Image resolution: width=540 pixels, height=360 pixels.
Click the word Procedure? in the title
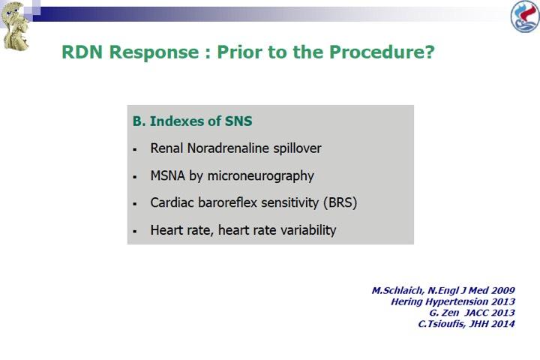(x=382, y=52)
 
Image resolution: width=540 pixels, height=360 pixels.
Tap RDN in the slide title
(x=82, y=52)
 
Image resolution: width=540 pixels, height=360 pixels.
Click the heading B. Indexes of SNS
(x=193, y=121)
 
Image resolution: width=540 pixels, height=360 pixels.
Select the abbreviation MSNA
(x=168, y=175)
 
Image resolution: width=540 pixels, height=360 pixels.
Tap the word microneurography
(x=261, y=176)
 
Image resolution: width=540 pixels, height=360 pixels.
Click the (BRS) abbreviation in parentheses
(x=340, y=202)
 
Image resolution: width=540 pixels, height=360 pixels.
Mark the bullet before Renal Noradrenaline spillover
(x=135, y=149)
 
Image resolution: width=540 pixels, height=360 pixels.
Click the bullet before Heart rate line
(x=135, y=231)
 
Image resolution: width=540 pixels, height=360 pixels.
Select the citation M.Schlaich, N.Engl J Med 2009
(x=443, y=290)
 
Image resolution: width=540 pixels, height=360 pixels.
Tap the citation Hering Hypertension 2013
(x=453, y=301)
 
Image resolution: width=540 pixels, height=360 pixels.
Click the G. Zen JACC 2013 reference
(x=472, y=313)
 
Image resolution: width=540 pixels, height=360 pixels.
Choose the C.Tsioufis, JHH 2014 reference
(x=466, y=324)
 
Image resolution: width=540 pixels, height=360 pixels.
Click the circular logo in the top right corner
(x=525, y=16)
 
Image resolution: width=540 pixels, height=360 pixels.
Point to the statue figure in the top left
(x=14, y=26)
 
